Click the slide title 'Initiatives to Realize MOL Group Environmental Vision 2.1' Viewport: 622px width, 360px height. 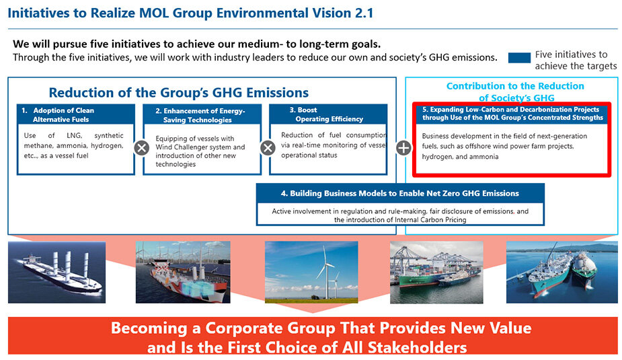click(x=190, y=13)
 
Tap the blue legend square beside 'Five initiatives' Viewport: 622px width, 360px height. click(x=519, y=58)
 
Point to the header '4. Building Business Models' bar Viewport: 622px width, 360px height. click(x=400, y=193)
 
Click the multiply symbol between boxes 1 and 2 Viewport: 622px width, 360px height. click(x=142, y=148)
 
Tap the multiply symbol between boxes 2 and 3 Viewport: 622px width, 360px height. click(x=268, y=148)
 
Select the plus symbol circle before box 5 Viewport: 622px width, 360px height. click(x=403, y=148)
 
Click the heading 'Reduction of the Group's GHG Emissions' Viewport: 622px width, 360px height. click(x=178, y=92)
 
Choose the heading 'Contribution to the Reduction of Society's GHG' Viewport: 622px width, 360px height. click(x=515, y=92)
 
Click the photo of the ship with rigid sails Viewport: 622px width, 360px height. click(x=56, y=273)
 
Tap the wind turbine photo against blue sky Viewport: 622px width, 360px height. click(x=311, y=273)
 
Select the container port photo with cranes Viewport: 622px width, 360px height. click(x=437, y=273)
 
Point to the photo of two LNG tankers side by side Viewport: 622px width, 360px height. click(x=562, y=273)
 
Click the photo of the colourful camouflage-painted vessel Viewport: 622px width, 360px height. click(x=183, y=273)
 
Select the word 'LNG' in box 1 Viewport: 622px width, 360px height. click(x=74, y=135)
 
